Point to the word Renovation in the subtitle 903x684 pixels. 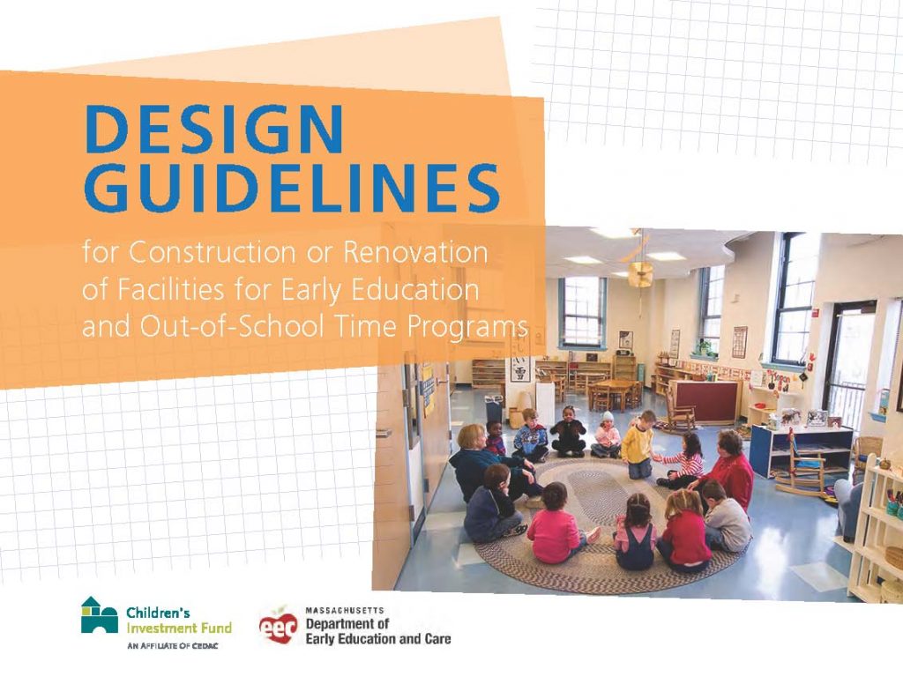pos(415,252)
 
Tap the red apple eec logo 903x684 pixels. pos(277,627)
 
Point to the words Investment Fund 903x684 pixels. pos(179,628)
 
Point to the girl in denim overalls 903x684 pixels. pos(635,529)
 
